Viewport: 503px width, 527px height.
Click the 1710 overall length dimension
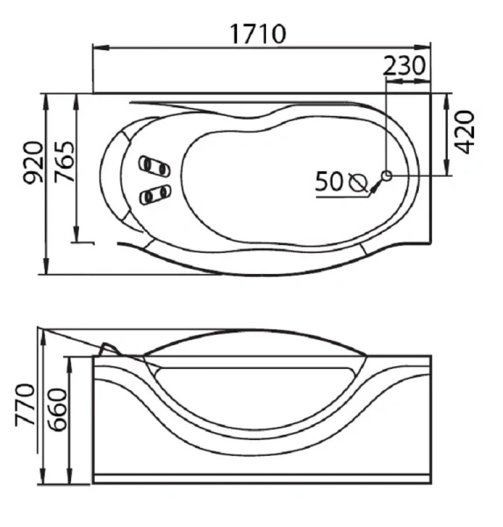[x=258, y=34]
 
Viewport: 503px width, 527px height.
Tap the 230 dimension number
[x=404, y=66]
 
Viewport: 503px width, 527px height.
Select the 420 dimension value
[x=464, y=132]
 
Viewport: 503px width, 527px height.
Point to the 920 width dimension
[x=33, y=162]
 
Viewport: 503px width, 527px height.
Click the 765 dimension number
[x=64, y=162]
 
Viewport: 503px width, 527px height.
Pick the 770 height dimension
[x=25, y=405]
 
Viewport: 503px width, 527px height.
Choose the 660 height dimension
[x=56, y=409]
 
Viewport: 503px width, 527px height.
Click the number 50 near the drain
[x=329, y=182]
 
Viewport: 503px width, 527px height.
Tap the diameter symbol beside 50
[x=358, y=182]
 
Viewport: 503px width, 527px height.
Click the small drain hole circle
[x=387, y=175]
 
